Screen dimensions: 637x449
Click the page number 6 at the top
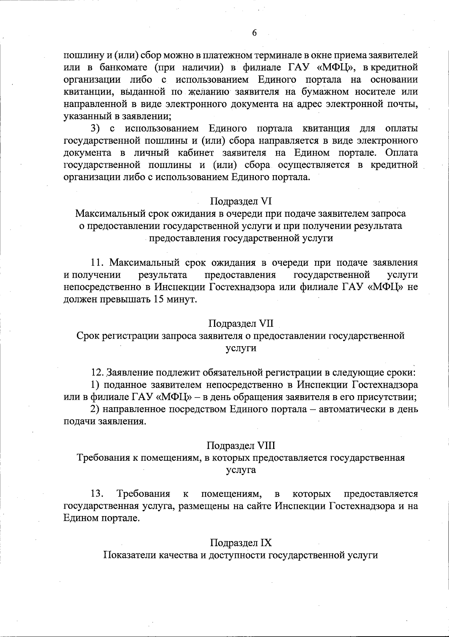[x=254, y=33]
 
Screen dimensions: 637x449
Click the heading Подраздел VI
[x=241, y=201]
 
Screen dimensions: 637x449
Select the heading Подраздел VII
[x=241, y=323]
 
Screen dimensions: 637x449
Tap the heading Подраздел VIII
[x=241, y=445]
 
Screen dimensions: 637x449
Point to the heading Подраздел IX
[x=241, y=543]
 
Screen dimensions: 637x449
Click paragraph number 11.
[x=98, y=263]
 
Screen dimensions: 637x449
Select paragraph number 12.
[x=98, y=372]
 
